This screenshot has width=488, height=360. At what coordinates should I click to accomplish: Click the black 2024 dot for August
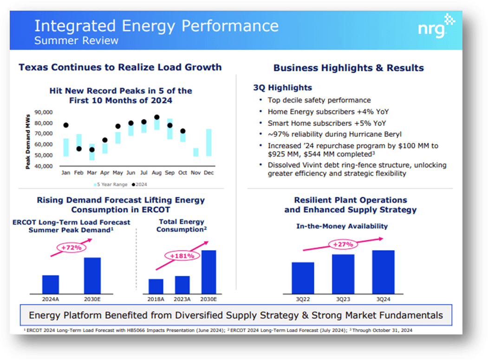tap(157, 117)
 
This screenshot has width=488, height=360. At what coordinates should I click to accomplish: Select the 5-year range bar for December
tap(209, 142)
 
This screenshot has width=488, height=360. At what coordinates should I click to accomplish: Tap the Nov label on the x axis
tap(196, 173)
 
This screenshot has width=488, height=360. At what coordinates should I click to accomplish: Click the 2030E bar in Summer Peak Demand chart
tap(92, 275)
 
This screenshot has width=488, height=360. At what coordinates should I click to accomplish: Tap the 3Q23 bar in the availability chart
tap(343, 274)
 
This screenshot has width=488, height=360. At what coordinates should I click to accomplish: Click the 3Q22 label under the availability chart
tap(303, 299)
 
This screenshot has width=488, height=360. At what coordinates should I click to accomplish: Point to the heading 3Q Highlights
tap(282, 88)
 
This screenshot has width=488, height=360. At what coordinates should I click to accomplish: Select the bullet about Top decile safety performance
tap(319, 100)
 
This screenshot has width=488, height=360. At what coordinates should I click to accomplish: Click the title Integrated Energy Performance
tap(156, 26)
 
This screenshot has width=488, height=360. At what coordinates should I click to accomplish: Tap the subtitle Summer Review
tap(76, 40)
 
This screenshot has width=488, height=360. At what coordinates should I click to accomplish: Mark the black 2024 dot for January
tap(66, 125)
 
